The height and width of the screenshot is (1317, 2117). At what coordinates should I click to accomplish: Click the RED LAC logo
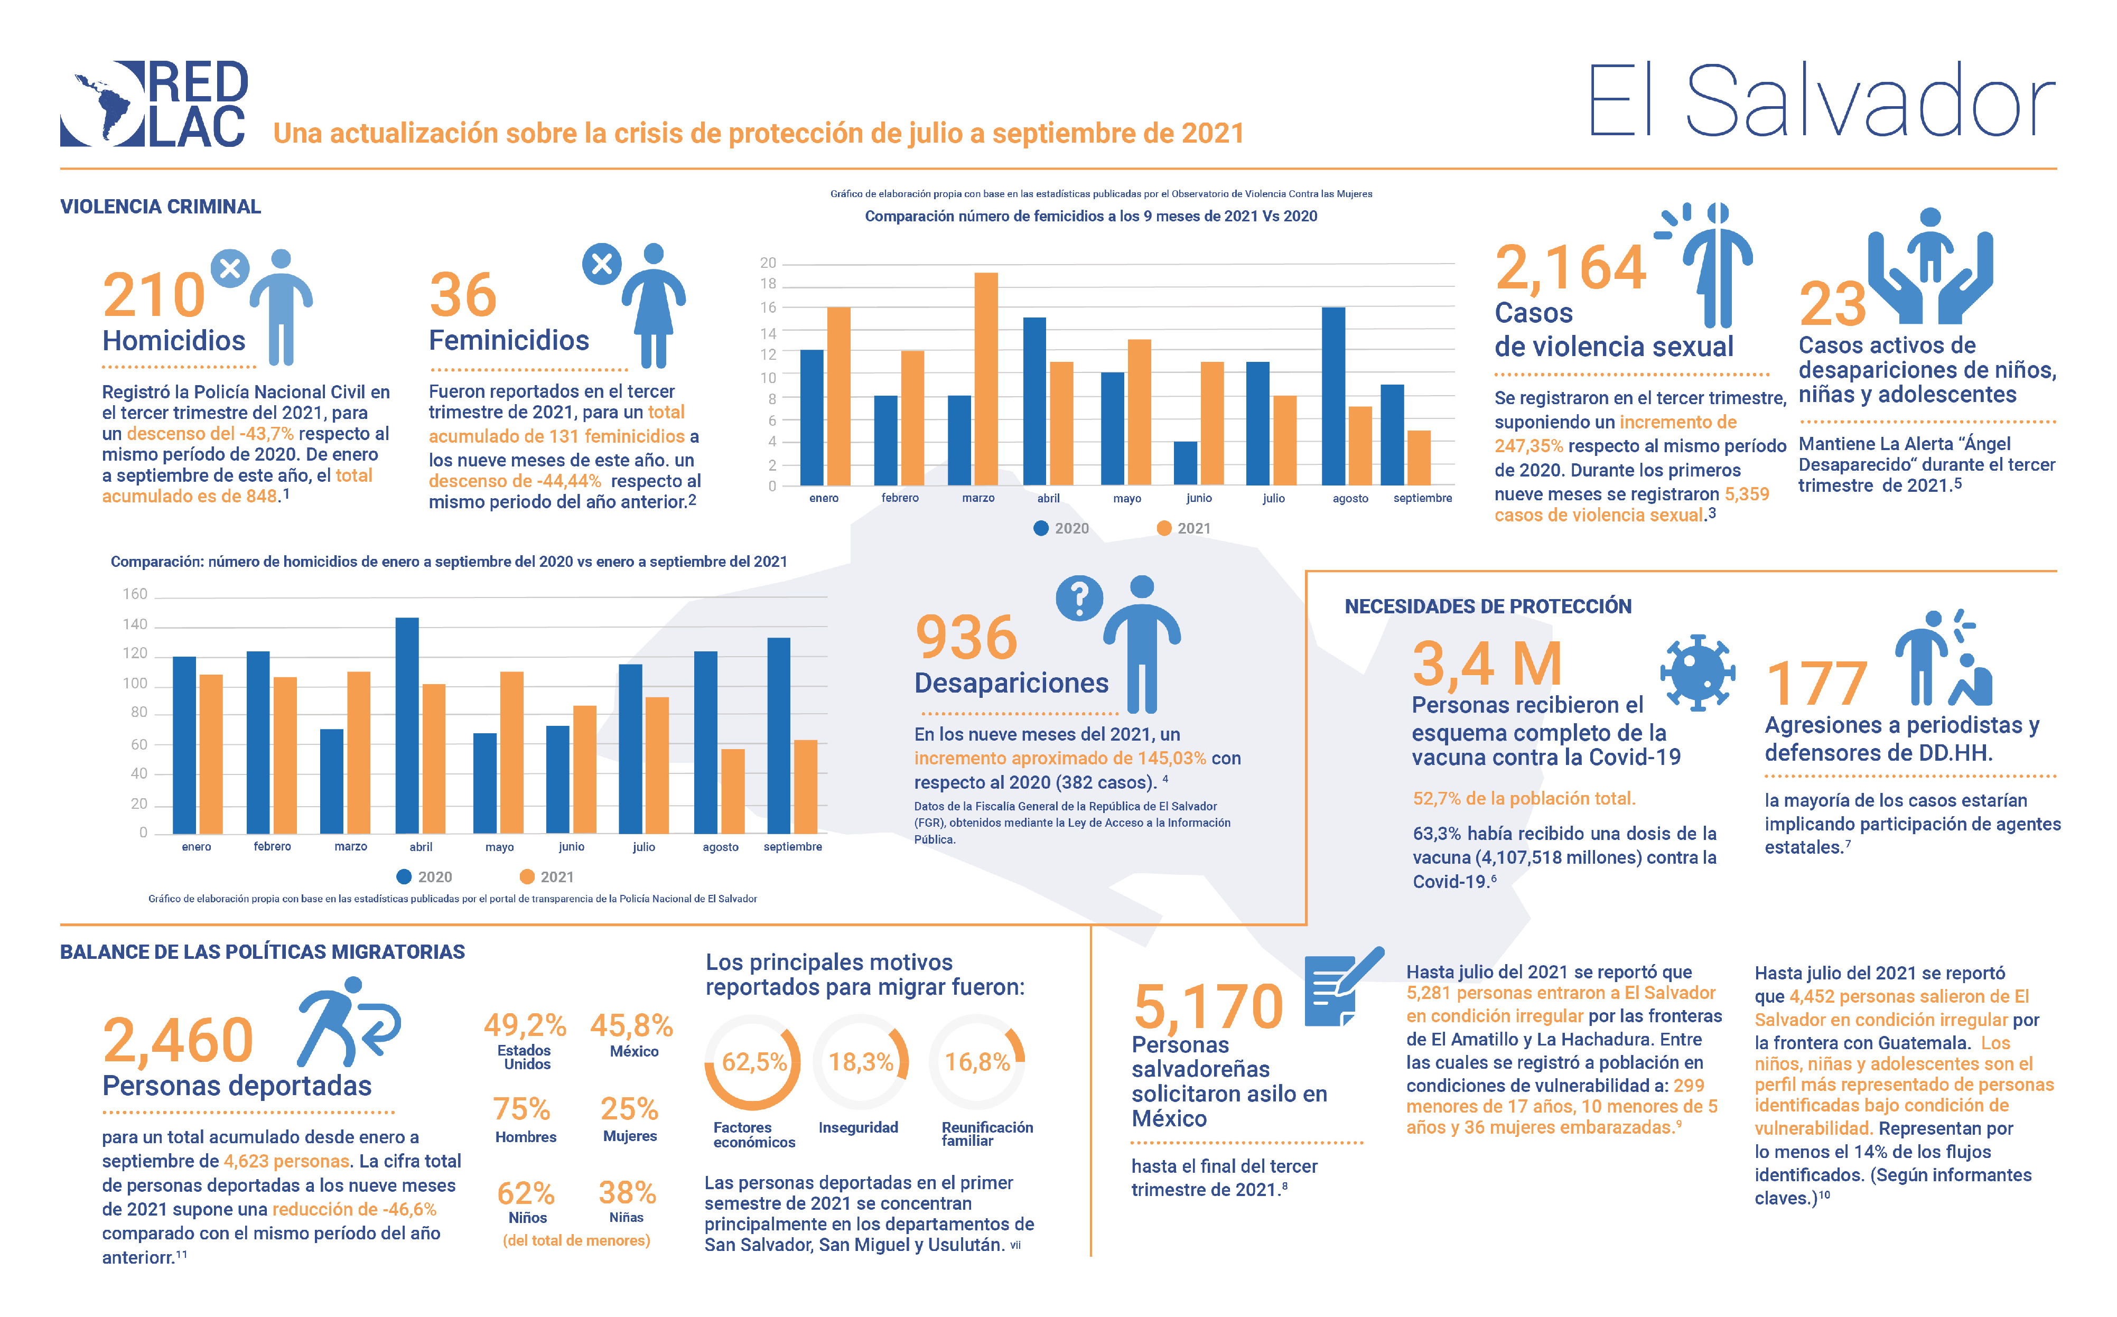[154, 103]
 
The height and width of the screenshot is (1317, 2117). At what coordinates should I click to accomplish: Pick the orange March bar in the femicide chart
[986, 379]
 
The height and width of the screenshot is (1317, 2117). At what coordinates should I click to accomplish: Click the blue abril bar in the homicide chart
[407, 725]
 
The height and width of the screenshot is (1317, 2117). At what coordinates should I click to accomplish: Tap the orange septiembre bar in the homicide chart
[806, 787]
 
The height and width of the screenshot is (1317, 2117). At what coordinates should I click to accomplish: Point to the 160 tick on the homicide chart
[135, 594]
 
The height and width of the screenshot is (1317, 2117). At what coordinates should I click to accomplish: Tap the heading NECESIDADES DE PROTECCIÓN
[1487, 606]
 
